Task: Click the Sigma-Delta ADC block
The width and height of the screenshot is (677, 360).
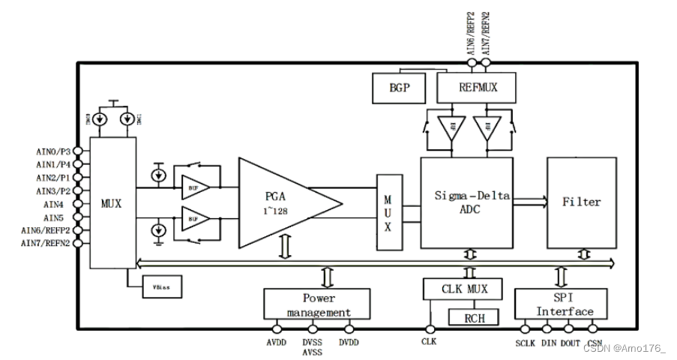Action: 466,202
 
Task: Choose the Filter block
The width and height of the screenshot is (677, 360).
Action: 581,202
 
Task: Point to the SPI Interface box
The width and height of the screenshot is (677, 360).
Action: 554,304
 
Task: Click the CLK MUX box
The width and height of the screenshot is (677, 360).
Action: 459,289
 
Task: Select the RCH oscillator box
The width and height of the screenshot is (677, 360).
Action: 474,318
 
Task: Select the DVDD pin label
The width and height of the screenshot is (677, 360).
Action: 349,343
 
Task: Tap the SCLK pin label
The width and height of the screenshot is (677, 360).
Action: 526,343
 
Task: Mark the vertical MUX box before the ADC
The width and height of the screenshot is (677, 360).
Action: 388,212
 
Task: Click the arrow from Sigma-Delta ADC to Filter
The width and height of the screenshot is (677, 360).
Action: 530,201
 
